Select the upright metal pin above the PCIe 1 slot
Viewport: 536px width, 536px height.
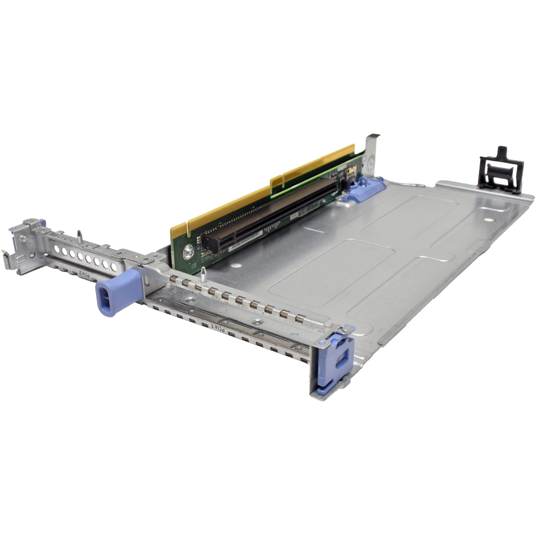coord(203,275)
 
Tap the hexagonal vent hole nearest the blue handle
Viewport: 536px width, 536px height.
coord(114,267)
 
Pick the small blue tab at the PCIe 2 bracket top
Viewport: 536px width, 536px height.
coord(42,222)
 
